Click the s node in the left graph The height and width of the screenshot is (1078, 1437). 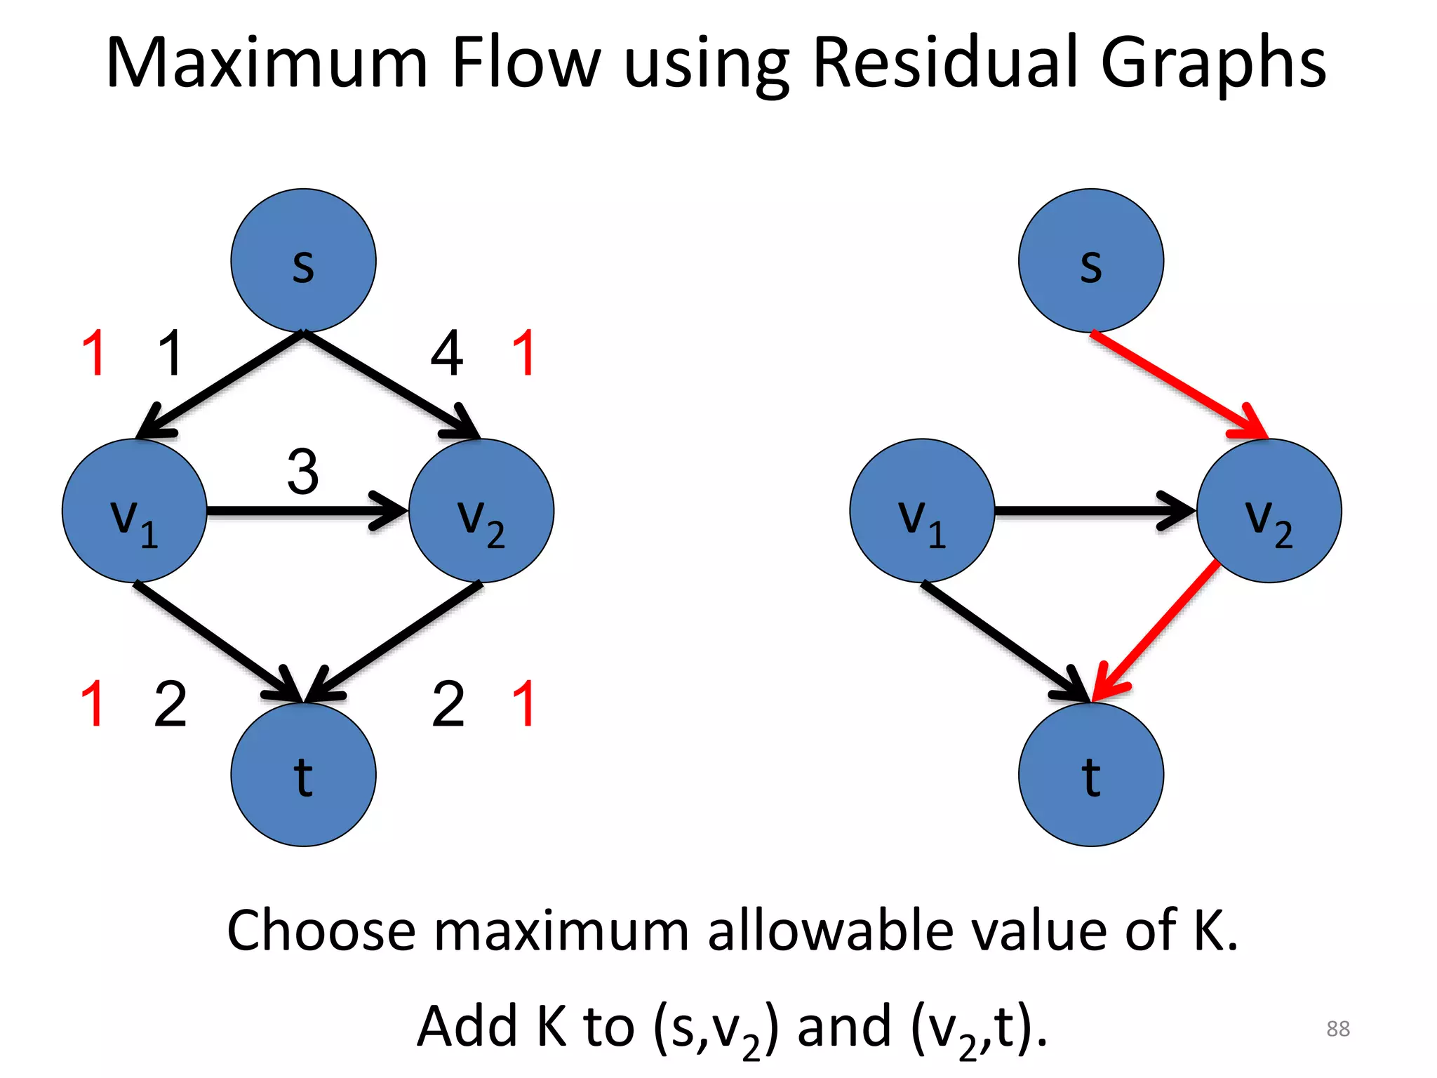(303, 260)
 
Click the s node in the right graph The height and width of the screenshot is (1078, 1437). (1090, 260)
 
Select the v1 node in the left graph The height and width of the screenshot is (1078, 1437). (135, 511)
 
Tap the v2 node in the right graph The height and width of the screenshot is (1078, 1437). (1269, 511)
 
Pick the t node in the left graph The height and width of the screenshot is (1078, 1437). (303, 775)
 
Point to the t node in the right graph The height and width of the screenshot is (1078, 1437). (1090, 775)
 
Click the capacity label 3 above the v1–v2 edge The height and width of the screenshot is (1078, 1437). (303, 472)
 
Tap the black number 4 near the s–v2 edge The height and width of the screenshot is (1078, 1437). (447, 353)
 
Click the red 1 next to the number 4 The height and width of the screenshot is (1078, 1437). (524, 353)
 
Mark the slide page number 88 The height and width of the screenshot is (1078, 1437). (1338, 1028)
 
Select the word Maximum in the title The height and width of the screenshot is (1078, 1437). (267, 63)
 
